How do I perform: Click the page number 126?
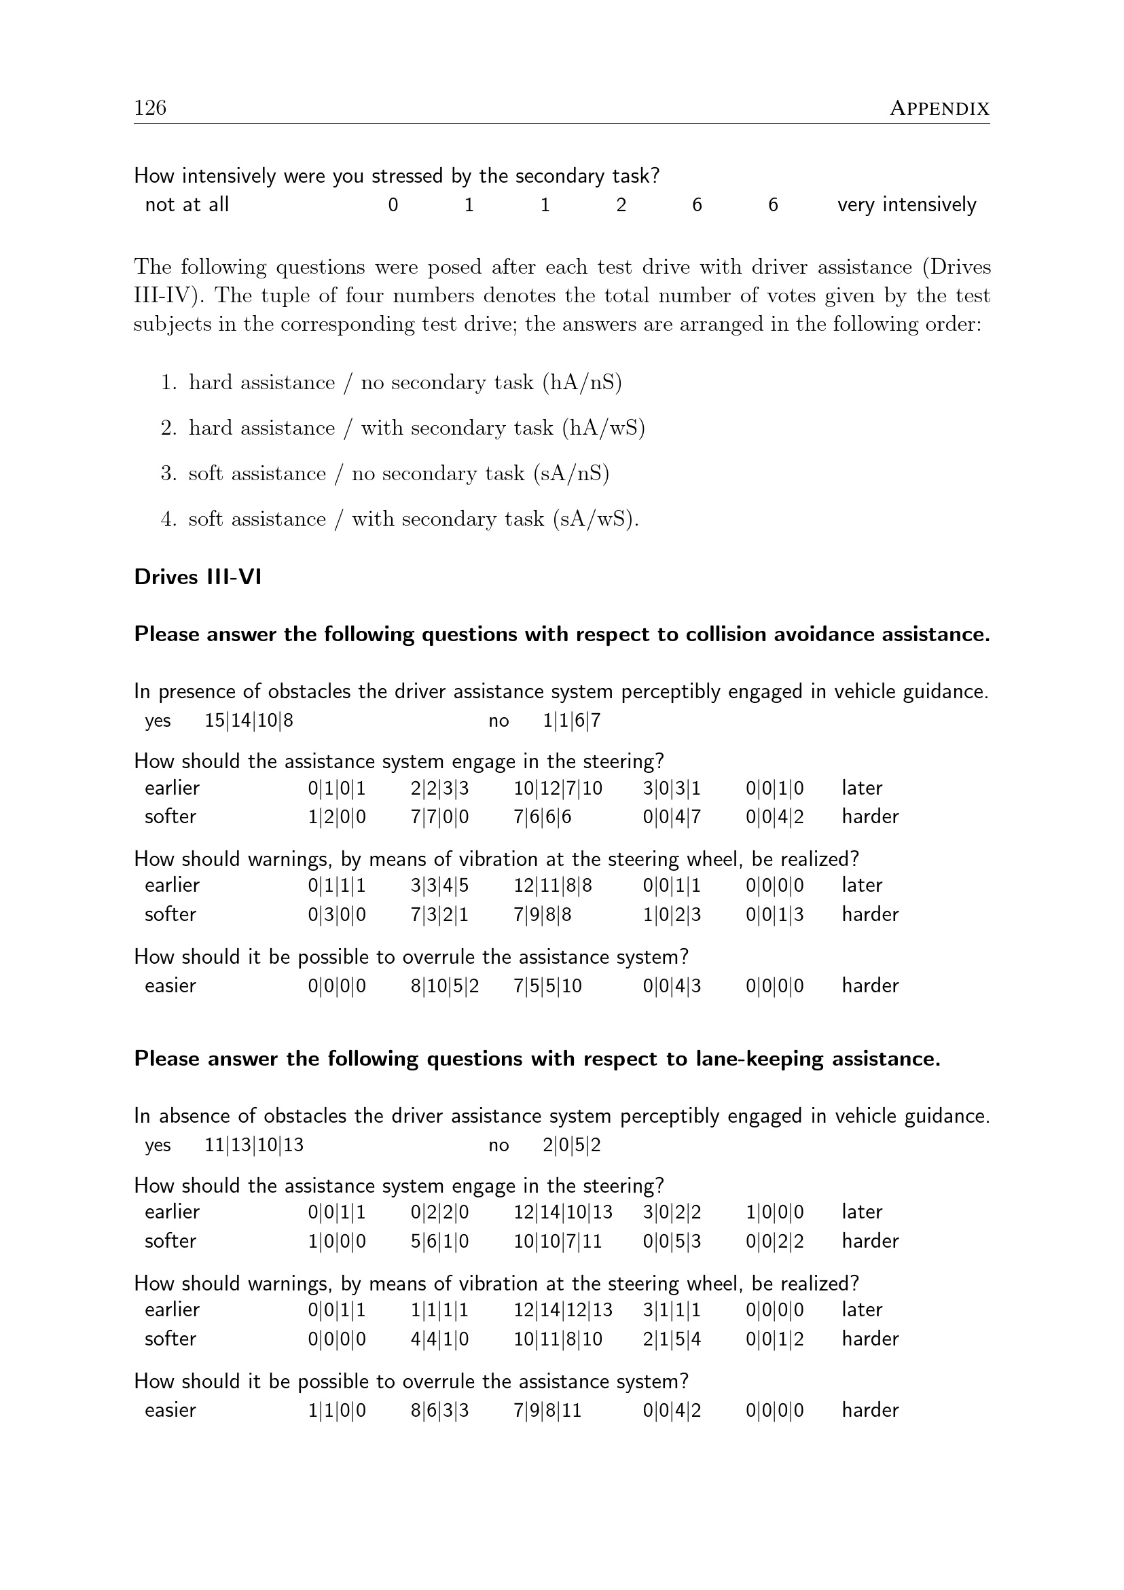(x=150, y=107)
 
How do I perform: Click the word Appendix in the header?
(x=939, y=109)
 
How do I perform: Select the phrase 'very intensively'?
(x=906, y=204)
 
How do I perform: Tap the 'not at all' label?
(x=186, y=204)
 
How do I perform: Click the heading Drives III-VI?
(x=198, y=577)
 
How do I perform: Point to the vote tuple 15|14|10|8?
(x=249, y=721)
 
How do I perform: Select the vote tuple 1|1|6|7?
(x=571, y=721)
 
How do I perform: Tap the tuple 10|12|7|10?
(x=558, y=788)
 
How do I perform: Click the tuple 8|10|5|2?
(x=444, y=986)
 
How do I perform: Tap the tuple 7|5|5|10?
(x=547, y=986)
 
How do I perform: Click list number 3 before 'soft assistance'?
(x=168, y=473)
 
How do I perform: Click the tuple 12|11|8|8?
(x=552, y=885)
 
